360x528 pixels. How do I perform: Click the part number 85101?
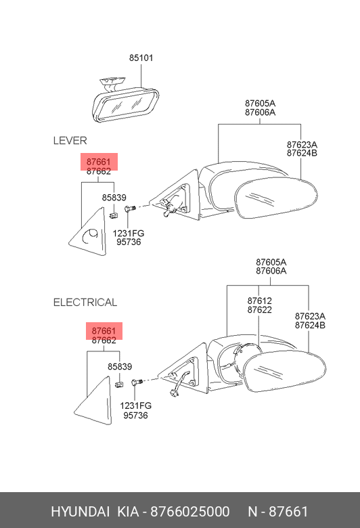click(141, 58)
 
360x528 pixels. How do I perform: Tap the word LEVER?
click(70, 140)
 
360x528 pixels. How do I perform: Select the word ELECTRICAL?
click(85, 303)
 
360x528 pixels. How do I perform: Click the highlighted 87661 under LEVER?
click(98, 162)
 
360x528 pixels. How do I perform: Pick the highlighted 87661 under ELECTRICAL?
click(104, 331)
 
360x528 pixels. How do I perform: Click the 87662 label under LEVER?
click(98, 171)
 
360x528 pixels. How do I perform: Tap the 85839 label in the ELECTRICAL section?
click(120, 366)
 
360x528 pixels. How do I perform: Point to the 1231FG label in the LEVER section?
click(129, 233)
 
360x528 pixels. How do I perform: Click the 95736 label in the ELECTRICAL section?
click(135, 415)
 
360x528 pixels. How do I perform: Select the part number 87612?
click(259, 301)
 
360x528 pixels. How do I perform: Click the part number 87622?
click(259, 310)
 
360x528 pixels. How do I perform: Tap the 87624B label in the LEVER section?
click(302, 153)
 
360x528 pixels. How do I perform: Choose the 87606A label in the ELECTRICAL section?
click(271, 271)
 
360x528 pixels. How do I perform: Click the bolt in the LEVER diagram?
click(130, 208)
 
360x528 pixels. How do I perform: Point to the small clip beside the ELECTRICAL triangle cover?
click(119, 384)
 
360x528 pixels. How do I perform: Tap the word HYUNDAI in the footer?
click(80, 512)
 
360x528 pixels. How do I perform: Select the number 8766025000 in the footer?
click(190, 512)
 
